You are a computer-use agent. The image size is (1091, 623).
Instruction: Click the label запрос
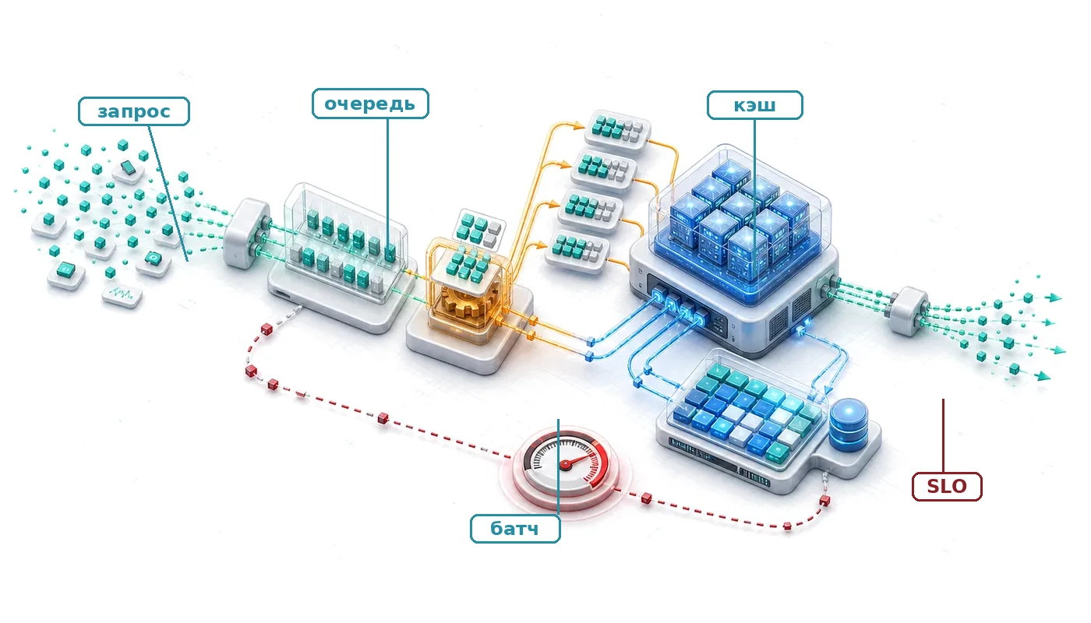tap(134, 111)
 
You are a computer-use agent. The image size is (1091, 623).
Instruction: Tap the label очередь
tap(370, 104)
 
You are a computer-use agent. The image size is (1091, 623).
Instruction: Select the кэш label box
tap(754, 105)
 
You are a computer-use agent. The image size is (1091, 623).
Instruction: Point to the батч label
tap(515, 529)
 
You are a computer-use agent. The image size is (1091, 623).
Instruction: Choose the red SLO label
tap(947, 486)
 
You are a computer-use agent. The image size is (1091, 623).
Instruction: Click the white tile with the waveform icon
tap(122, 294)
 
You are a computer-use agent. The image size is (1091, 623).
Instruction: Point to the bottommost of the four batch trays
tap(577, 251)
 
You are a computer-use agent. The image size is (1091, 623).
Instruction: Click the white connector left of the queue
tap(248, 233)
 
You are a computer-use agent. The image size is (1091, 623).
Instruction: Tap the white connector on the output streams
tap(909, 311)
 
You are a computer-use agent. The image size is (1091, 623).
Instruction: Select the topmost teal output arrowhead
tap(1055, 297)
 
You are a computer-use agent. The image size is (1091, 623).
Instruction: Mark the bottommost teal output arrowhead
tap(1043, 375)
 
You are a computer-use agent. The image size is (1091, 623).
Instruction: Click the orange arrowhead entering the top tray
tap(579, 125)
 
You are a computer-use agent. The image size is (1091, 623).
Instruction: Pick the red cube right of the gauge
tap(646, 498)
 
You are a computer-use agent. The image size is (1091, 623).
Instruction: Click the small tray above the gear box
tap(480, 229)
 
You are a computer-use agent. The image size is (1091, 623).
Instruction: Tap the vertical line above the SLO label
tap(944, 435)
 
